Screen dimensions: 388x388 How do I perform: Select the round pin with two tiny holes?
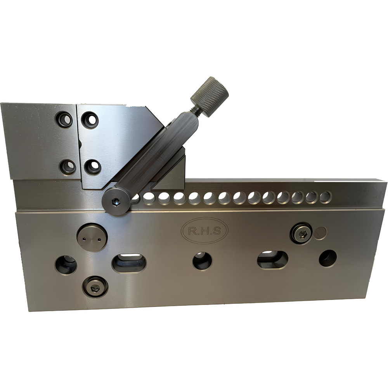[x=92, y=237]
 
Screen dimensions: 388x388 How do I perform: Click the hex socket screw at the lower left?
[x=95, y=287]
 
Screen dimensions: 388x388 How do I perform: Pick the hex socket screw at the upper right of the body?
[x=301, y=233]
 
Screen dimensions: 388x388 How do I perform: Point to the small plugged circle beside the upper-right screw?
[x=320, y=233]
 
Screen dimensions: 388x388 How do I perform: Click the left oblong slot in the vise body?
[x=129, y=263]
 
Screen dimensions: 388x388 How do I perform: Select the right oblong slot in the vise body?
[x=272, y=260]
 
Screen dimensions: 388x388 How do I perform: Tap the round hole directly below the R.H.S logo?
[x=202, y=261]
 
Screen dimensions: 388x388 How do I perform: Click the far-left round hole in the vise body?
[x=66, y=265]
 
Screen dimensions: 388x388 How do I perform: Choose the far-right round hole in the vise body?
[x=328, y=258]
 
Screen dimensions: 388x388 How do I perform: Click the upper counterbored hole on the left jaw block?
[x=64, y=119]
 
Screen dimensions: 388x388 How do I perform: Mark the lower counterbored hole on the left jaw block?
[x=68, y=167]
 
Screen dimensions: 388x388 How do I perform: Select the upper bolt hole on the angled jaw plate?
[x=90, y=120]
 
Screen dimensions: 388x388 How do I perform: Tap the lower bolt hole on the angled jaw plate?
[x=93, y=167]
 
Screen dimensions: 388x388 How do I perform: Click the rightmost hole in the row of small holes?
[x=325, y=197]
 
